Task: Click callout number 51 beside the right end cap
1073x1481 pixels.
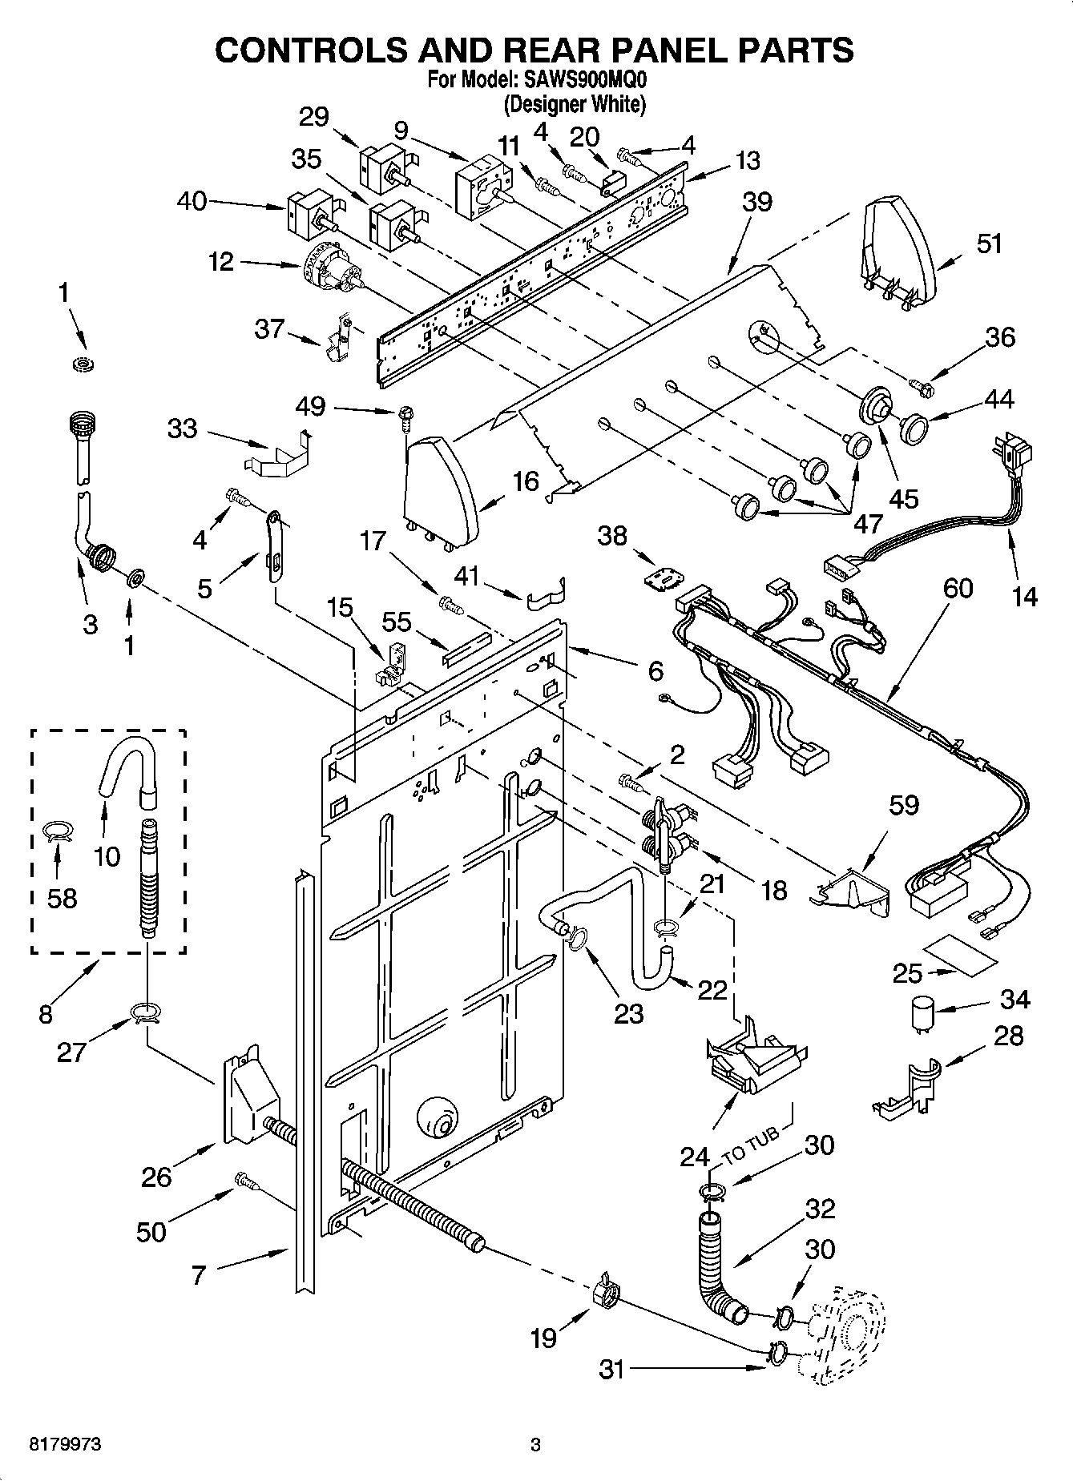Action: tap(990, 243)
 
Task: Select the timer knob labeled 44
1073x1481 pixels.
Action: tap(913, 428)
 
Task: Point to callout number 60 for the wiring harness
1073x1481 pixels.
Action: tap(958, 589)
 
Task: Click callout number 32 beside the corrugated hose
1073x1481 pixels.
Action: tap(819, 1208)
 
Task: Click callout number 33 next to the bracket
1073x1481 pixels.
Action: tap(182, 429)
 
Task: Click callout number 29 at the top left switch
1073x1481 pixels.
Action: tap(313, 118)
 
